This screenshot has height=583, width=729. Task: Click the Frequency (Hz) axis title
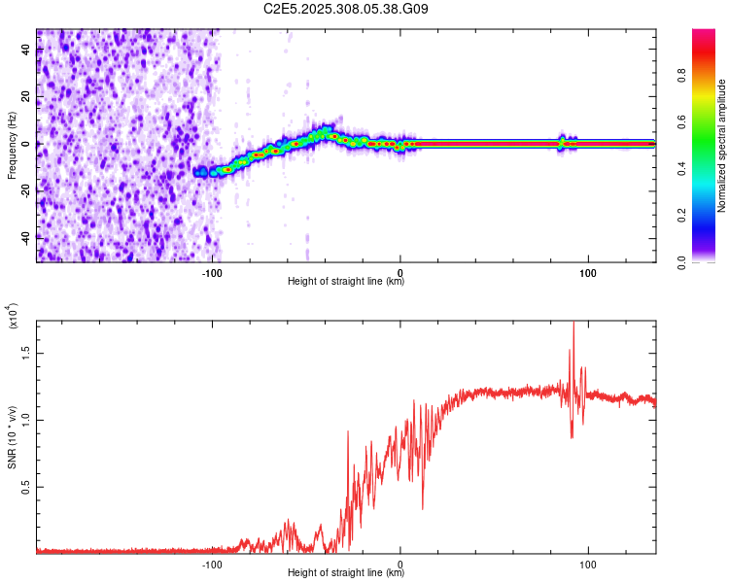coord(12,146)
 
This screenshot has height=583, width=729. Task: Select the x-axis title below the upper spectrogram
coord(346,283)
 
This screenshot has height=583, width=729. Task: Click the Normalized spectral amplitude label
coord(722,146)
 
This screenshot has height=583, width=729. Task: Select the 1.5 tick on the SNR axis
coord(25,354)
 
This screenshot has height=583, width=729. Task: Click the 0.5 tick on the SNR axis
coord(25,486)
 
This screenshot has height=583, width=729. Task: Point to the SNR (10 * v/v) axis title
coord(12,434)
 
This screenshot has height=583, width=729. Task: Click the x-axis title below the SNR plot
coord(346,573)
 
